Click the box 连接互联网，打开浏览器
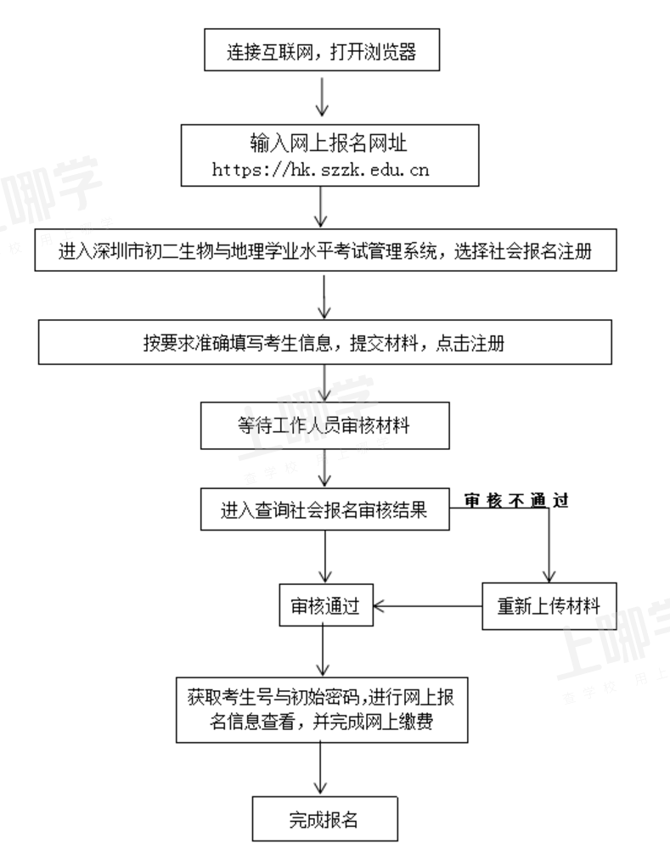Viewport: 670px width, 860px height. point(322,50)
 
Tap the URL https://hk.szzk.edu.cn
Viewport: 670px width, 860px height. point(320,170)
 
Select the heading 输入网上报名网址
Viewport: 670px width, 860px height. point(329,143)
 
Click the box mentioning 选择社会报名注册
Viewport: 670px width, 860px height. point(325,250)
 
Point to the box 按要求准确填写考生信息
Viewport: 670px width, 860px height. point(325,342)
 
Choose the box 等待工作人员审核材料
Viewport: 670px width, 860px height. point(325,425)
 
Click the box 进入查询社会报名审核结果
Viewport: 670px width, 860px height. point(325,509)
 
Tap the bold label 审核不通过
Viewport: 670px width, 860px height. point(516,501)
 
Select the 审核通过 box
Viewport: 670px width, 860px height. point(326,605)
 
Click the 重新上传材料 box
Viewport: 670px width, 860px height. point(549,606)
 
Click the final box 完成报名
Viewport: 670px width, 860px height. point(325,819)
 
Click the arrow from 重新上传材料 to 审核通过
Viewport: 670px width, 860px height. point(427,606)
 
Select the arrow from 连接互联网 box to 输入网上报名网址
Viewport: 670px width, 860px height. point(322,97)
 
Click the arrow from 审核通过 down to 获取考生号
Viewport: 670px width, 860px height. point(323,650)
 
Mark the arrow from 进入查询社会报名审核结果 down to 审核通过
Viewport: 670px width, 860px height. point(325,556)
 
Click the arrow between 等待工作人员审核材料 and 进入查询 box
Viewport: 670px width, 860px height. point(325,467)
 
